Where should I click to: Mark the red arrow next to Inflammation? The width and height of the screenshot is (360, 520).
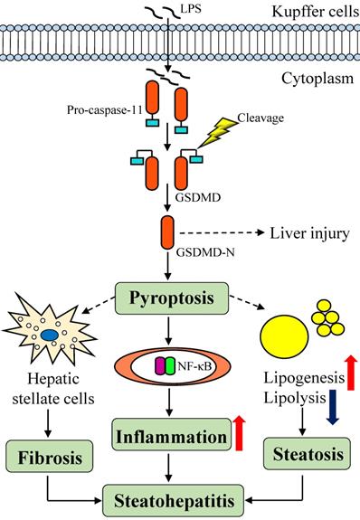pyautogui.click(x=240, y=430)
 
